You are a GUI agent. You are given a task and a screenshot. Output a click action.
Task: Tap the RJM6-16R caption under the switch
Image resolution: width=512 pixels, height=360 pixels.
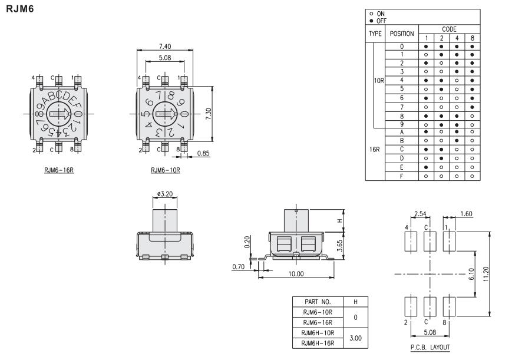click(59, 170)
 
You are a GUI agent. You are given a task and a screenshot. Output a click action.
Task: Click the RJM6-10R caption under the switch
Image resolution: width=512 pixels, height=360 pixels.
click(165, 170)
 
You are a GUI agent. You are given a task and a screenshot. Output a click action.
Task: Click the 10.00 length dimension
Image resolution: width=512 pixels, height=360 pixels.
click(296, 274)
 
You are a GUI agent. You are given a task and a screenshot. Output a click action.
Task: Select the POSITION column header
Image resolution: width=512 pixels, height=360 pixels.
click(402, 34)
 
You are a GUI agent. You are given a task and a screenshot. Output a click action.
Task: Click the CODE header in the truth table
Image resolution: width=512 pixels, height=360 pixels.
click(449, 28)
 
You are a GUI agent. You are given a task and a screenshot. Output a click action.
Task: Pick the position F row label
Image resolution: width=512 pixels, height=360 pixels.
click(402, 176)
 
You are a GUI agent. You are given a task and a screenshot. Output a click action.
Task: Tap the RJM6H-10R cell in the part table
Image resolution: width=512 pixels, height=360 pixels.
click(318, 332)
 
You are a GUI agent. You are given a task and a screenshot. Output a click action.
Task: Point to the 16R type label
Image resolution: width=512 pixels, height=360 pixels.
click(375, 150)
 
